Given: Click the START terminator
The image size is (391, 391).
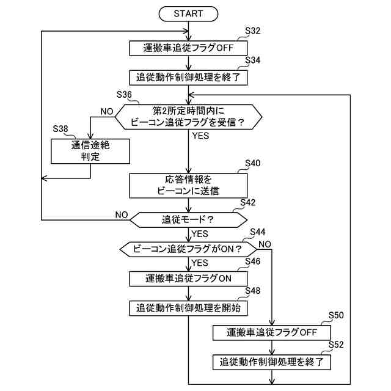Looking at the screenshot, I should pos(188,13).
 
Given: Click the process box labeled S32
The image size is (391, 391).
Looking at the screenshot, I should pos(188,47).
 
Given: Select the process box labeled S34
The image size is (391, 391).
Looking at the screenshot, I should pos(188,77).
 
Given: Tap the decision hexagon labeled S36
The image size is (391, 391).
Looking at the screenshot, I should pos(188,116).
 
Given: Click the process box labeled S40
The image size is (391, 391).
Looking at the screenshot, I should pos(188,185).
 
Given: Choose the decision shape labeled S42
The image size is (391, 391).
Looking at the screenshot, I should pos(188,218).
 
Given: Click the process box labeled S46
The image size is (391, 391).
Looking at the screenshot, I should pos(188,279).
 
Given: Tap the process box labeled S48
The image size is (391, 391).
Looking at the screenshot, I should pos(188,308).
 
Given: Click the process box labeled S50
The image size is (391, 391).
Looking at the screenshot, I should pos(271,332).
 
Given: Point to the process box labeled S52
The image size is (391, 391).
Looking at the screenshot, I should pos(271,362).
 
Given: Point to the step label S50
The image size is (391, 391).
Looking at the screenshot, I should pos(336,315).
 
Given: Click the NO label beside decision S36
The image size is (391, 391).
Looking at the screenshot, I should pos(107,111).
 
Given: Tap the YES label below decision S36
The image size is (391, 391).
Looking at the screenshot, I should pos(200,136).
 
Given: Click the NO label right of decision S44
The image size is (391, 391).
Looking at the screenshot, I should pos(265,244).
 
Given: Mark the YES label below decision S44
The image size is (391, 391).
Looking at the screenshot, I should pos(200,263).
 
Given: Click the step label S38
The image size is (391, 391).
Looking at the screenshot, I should pos(61,128).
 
